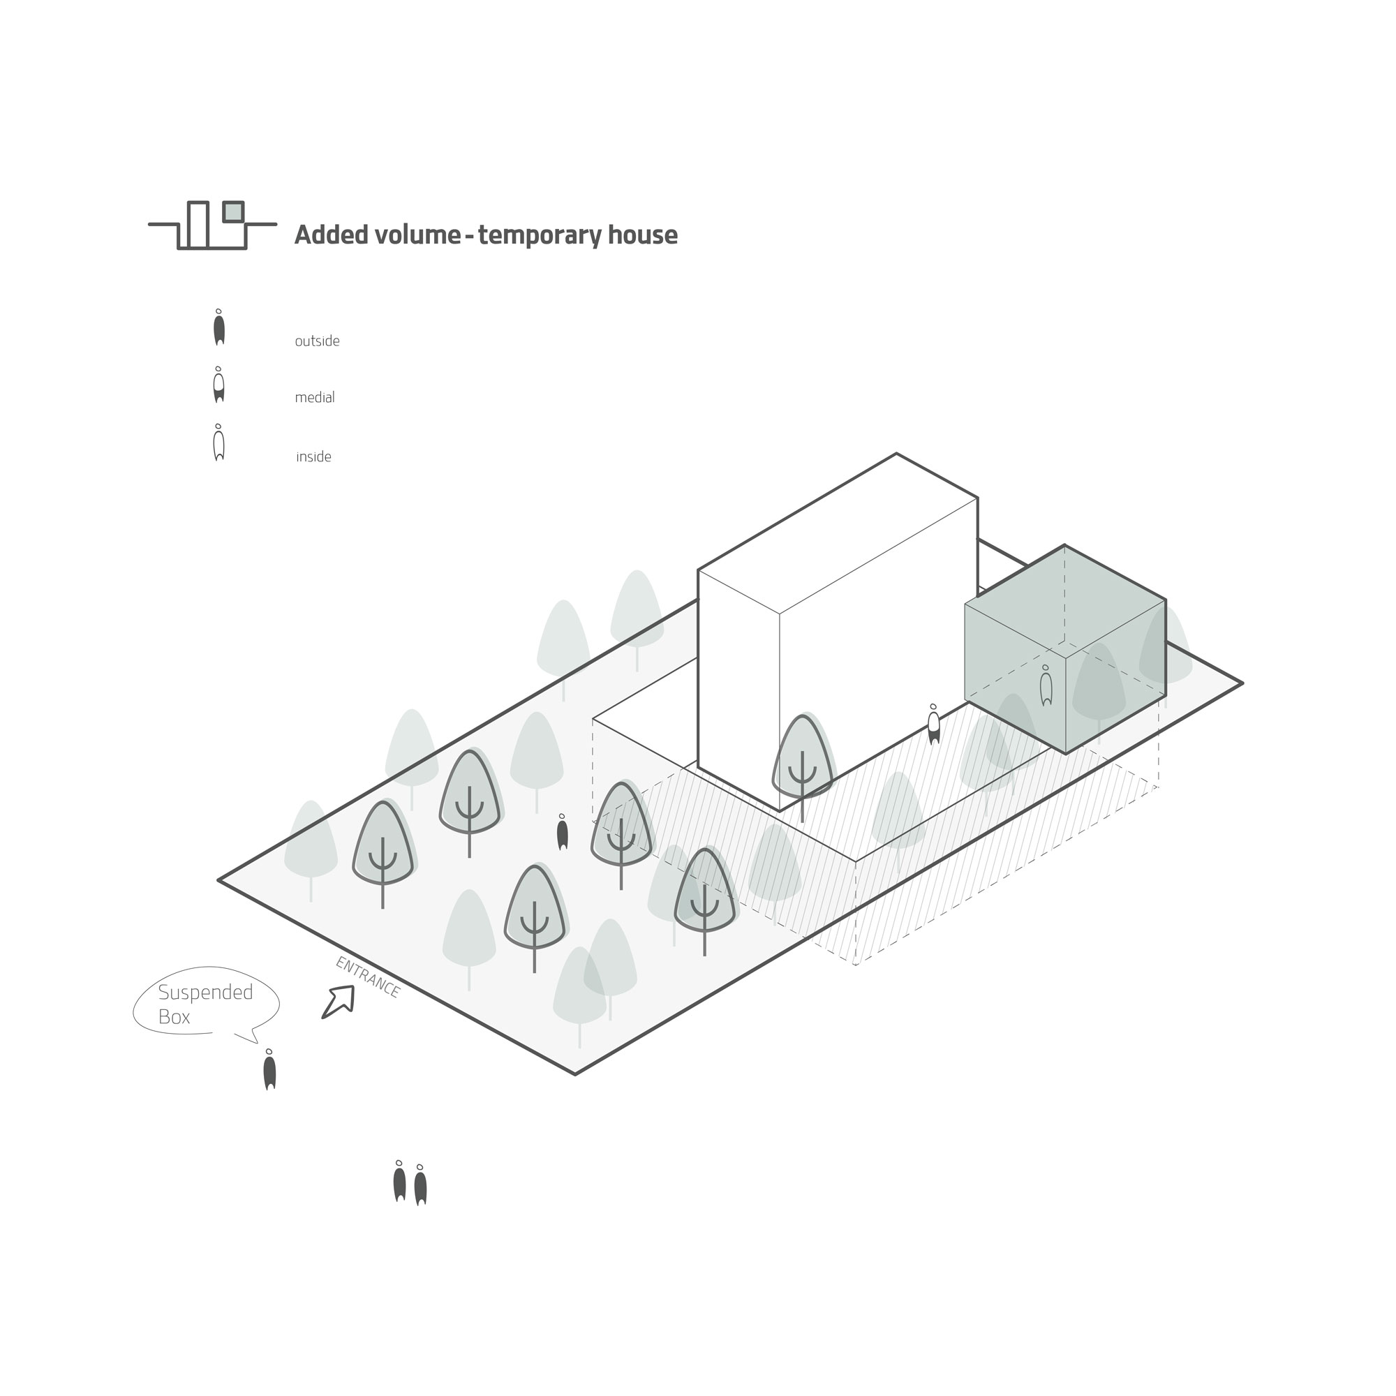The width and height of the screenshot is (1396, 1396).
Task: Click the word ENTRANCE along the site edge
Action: point(368,978)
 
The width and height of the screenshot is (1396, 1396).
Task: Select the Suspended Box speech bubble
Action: point(206,1004)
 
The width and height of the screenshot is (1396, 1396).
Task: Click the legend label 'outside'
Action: point(317,341)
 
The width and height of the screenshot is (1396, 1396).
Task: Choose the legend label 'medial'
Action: point(315,397)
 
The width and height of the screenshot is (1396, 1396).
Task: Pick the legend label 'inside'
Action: point(313,456)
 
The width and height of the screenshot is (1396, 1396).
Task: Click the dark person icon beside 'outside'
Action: point(219,327)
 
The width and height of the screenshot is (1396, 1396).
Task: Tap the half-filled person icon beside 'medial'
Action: point(219,385)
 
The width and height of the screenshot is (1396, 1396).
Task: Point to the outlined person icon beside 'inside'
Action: point(219,443)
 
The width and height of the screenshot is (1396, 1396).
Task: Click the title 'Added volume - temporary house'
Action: point(487,235)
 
